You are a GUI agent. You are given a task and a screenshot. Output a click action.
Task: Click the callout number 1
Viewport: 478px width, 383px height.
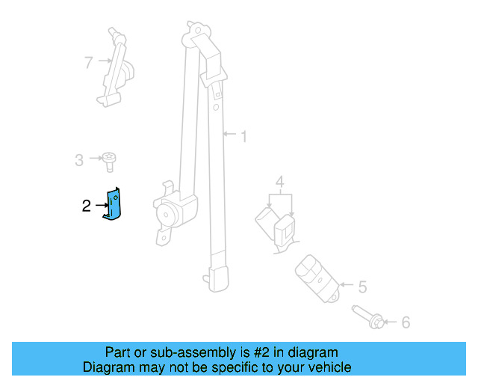point(243,136)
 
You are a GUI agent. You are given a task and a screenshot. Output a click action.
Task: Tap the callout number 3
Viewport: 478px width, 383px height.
point(78,159)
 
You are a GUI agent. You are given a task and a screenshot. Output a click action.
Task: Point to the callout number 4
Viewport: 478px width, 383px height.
point(279,182)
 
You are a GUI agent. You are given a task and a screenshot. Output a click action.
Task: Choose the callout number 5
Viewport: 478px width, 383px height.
point(362,286)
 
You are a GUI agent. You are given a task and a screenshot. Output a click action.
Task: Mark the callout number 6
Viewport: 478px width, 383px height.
point(406,322)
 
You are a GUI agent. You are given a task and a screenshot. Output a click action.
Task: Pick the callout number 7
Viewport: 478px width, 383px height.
point(89,62)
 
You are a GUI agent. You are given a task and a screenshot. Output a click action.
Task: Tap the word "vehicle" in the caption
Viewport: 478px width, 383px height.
point(326,367)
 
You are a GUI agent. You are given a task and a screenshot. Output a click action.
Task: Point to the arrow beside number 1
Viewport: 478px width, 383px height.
point(230,135)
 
